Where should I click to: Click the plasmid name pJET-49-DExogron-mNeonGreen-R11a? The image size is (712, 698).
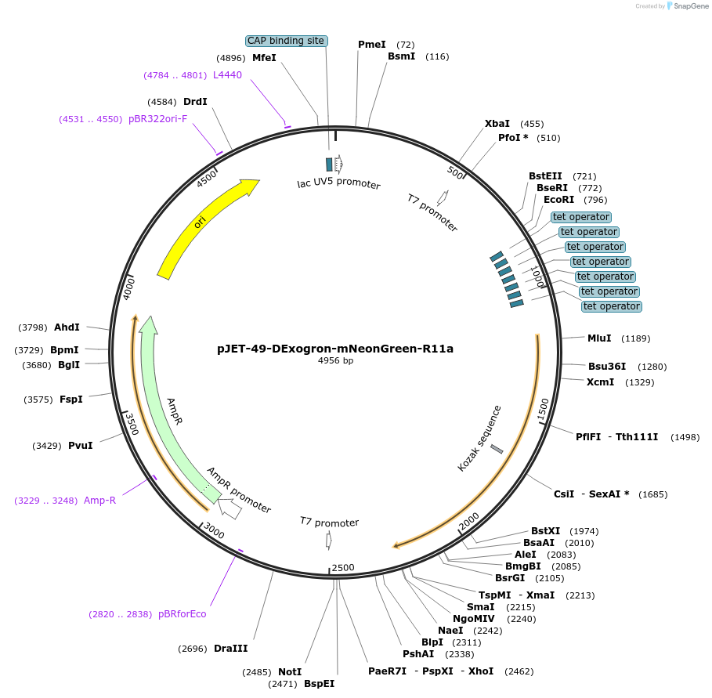(335, 349)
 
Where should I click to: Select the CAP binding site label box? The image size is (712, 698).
(286, 41)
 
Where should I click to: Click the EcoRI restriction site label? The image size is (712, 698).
(558, 200)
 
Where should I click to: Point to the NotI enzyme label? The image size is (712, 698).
(290, 672)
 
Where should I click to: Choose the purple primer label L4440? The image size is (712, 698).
(227, 75)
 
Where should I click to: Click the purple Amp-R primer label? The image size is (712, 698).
(99, 501)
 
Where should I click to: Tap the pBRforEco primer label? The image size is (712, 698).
(182, 614)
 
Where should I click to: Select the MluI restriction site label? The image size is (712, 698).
(599, 338)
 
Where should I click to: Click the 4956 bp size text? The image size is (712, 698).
(335, 361)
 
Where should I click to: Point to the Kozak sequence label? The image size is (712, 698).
(479, 438)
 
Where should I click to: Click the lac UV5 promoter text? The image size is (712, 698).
(338, 184)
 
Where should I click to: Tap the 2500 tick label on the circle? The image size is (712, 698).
(343, 567)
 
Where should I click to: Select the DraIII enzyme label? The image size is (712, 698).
(230, 649)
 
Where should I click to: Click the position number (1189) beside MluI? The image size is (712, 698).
(635, 338)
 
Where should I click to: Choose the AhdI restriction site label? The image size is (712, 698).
(67, 327)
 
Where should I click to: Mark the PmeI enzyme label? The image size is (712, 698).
(372, 45)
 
